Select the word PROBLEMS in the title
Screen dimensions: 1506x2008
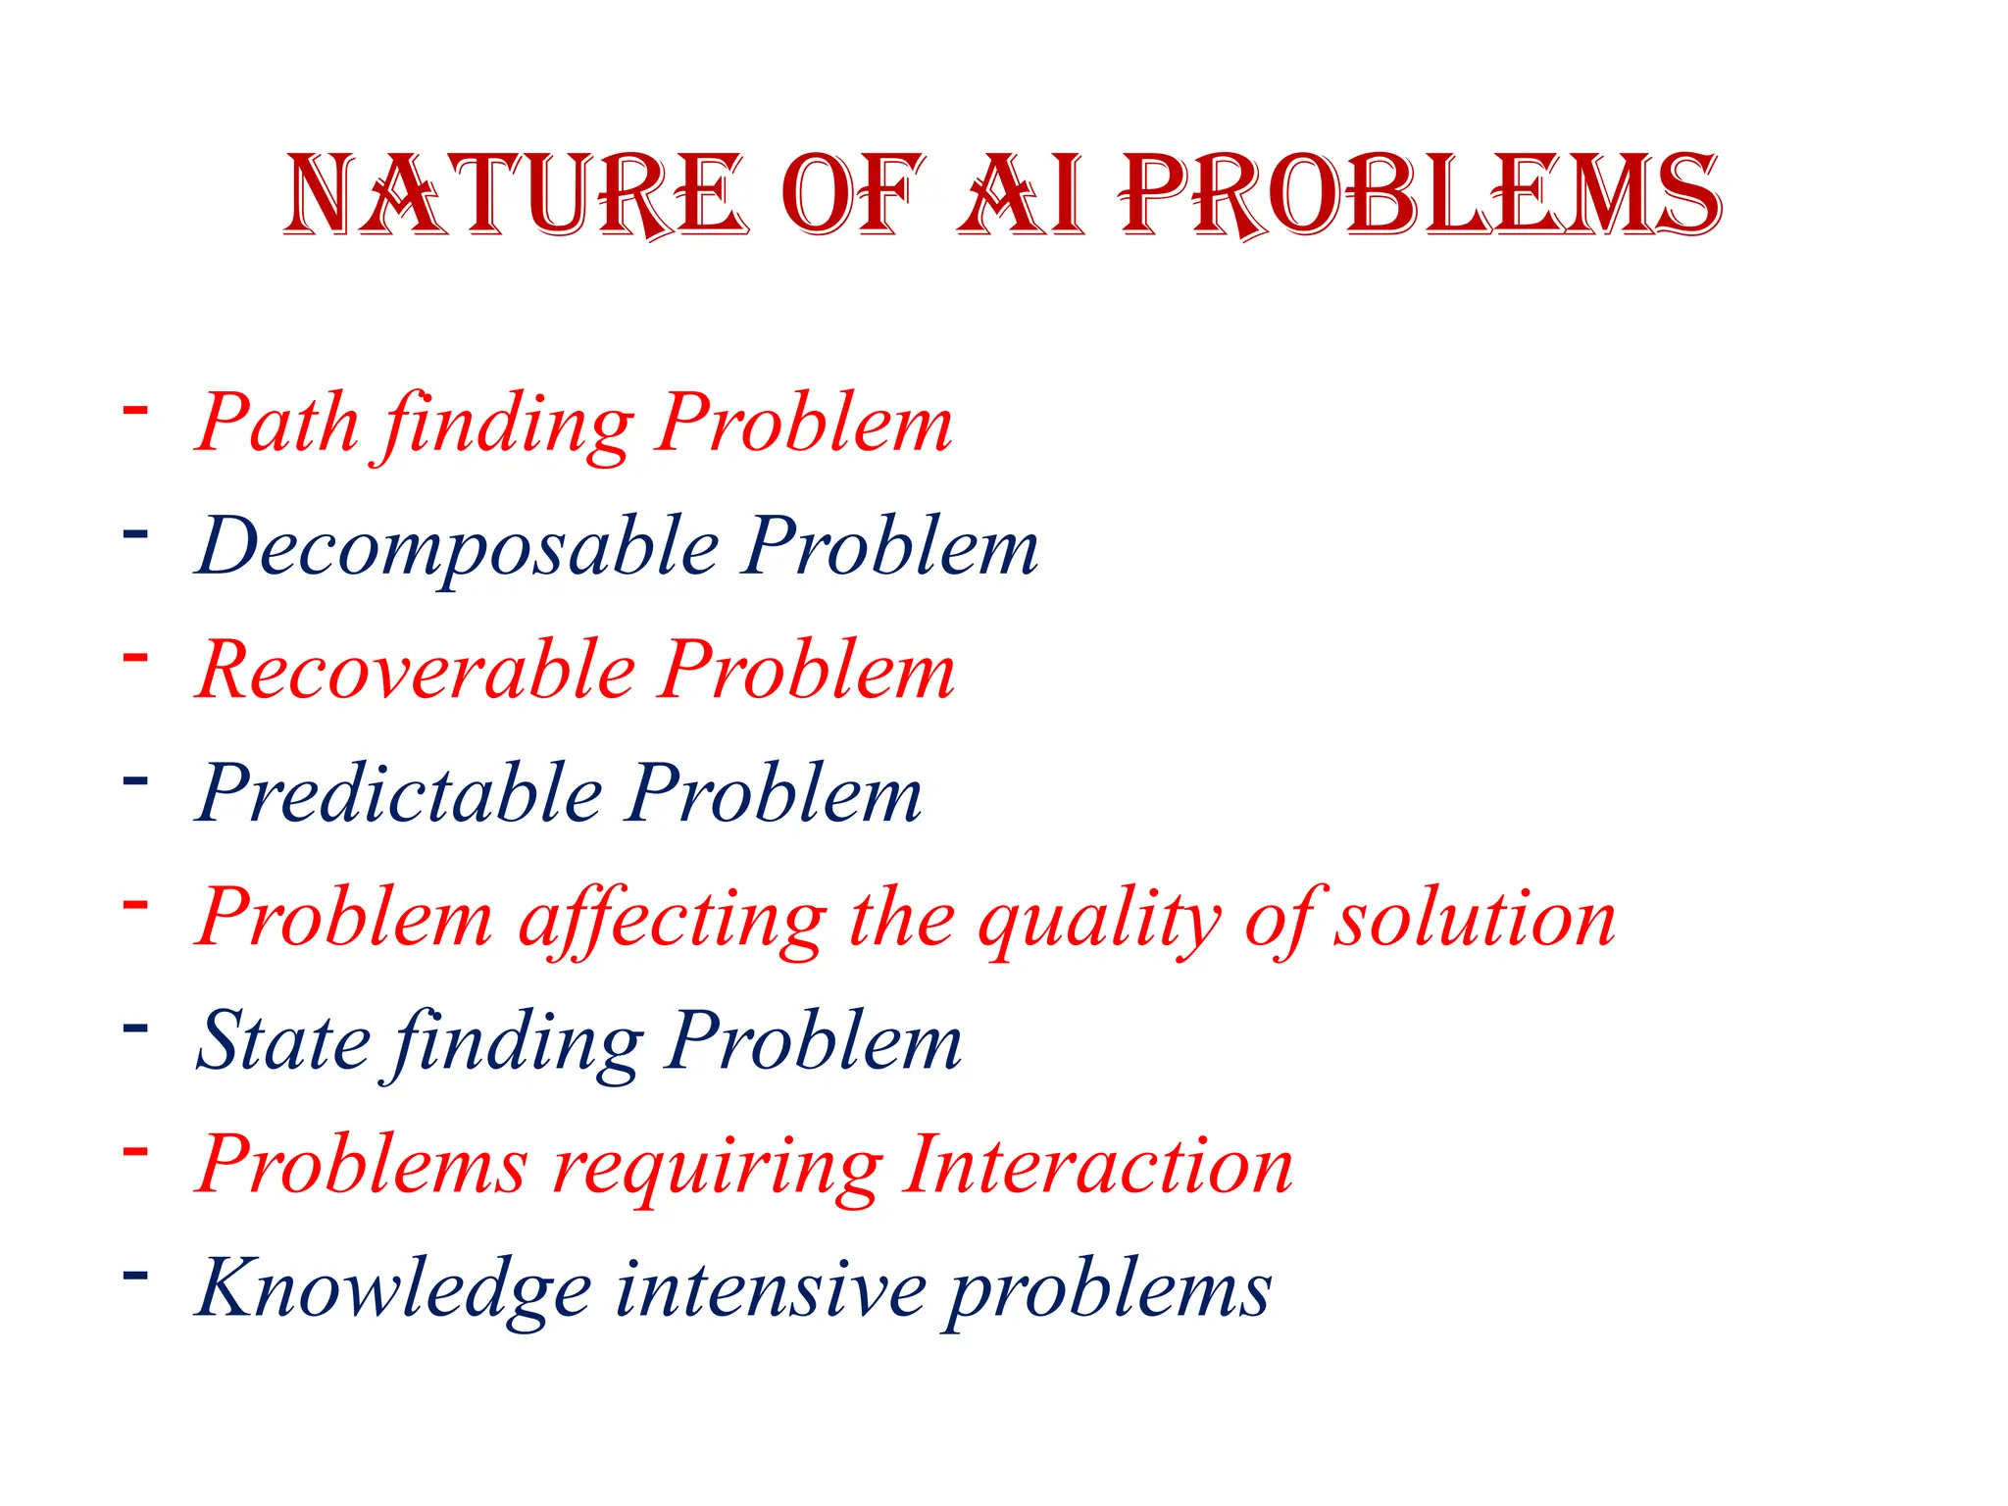(x=1422, y=196)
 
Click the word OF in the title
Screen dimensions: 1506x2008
(x=853, y=196)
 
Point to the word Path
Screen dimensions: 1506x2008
(x=278, y=424)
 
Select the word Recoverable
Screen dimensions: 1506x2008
(x=417, y=671)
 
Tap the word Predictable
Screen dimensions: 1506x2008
(x=400, y=794)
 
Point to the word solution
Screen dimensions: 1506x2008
(x=1475, y=920)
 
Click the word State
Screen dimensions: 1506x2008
(x=284, y=1041)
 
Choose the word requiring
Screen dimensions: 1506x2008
(x=718, y=1167)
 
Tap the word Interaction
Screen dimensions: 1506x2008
(x=1098, y=1165)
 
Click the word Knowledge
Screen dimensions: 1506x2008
(x=394, y=1288)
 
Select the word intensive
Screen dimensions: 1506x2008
(x=771, y=1288)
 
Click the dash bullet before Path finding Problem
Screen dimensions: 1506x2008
(x=135, y=409)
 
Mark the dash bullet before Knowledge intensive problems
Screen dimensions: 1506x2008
(x=135, y=1275)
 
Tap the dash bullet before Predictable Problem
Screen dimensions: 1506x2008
(x=135, y=780)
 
